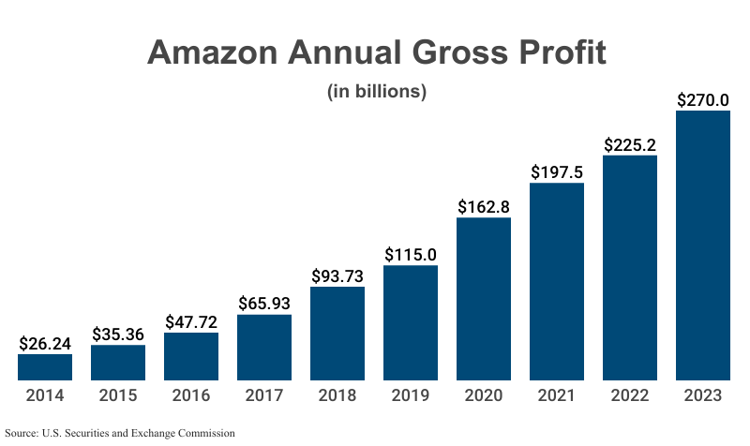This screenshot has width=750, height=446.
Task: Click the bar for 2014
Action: click(x=45, y=367)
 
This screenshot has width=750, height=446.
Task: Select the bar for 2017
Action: click(x=264, y=348)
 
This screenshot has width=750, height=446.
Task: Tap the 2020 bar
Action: click(x=484, y=299)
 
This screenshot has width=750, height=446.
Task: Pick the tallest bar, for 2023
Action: click(x=703, y=245)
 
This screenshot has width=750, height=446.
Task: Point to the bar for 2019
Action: click(x=411, y=323)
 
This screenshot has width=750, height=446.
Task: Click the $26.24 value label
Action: click(x=45, y=343)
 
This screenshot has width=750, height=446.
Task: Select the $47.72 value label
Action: click(x=191, y=321)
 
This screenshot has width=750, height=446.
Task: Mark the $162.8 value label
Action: click(x=484, y=206)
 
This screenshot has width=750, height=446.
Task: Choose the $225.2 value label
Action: click(x=630, y=144)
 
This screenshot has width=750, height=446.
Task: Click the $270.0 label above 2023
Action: click(x=703, y=99)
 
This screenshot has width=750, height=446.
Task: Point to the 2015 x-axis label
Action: click(x=118, y=395)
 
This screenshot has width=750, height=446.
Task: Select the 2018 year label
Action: click(x=337, y=395)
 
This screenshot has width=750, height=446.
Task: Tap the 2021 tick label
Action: click(x=557, y=395)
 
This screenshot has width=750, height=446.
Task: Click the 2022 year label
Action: click(x=630, y=395)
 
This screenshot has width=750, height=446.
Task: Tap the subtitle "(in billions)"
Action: click(x=377, y=92)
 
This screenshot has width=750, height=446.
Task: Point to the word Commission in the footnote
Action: click(x=202, y=433)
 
